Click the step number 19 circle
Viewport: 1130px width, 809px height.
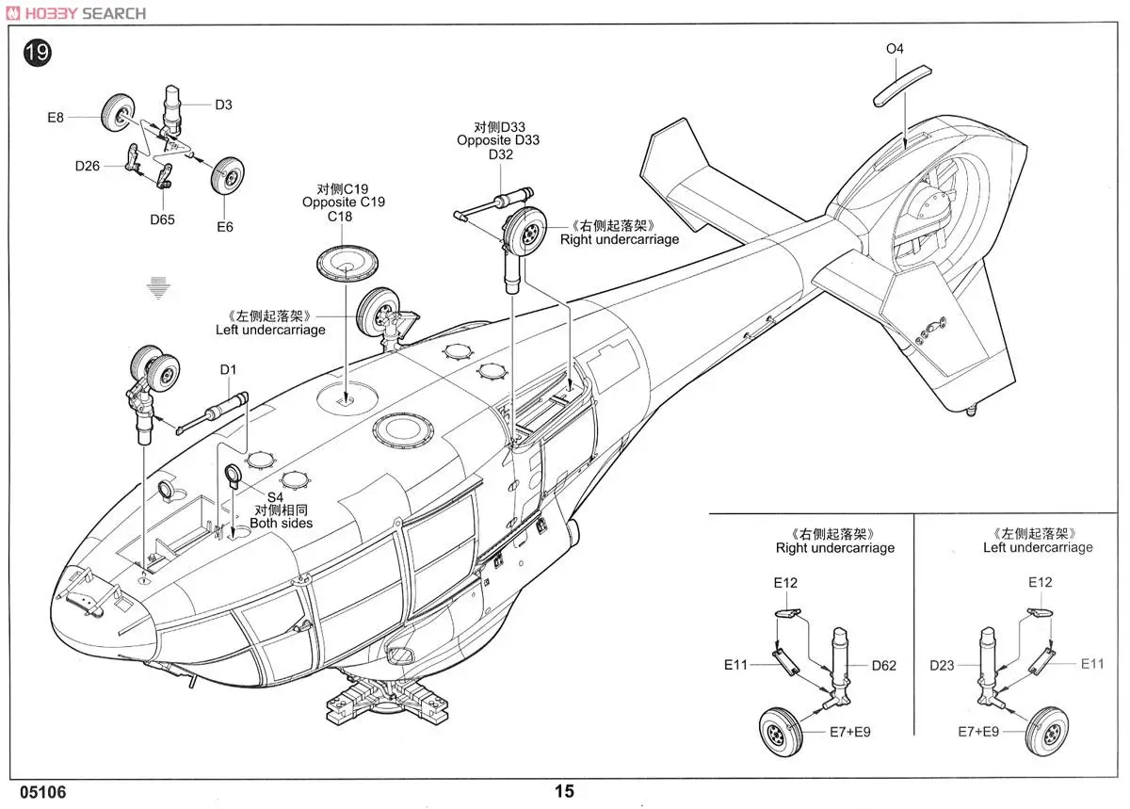pos(38,53)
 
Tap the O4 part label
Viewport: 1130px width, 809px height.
pos(895,49)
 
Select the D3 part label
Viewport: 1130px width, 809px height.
pos(223,105)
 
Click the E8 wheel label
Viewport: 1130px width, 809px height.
pos(56,118)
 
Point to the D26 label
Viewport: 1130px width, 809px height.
pos(88,166)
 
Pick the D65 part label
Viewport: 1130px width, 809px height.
pos(162,219)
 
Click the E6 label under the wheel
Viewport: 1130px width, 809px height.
pos(225,227)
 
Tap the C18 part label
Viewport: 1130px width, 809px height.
pos(340,217)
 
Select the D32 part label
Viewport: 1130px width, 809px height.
pos(500,154)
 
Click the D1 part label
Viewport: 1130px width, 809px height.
pos(228,370)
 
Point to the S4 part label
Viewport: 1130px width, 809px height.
pos(275,497)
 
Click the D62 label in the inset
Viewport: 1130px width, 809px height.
pos(884,666)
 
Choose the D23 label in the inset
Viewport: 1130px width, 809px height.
pos(942,666)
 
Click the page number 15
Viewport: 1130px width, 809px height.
pos(564,791)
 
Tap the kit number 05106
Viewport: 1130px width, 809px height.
pos(43,792)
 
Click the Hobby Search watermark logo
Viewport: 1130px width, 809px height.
pos(76,13)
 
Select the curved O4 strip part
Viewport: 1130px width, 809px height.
pos(902,86)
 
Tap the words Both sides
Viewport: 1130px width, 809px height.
pos(281,523)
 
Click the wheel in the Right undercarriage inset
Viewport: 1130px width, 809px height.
pos(781,732)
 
